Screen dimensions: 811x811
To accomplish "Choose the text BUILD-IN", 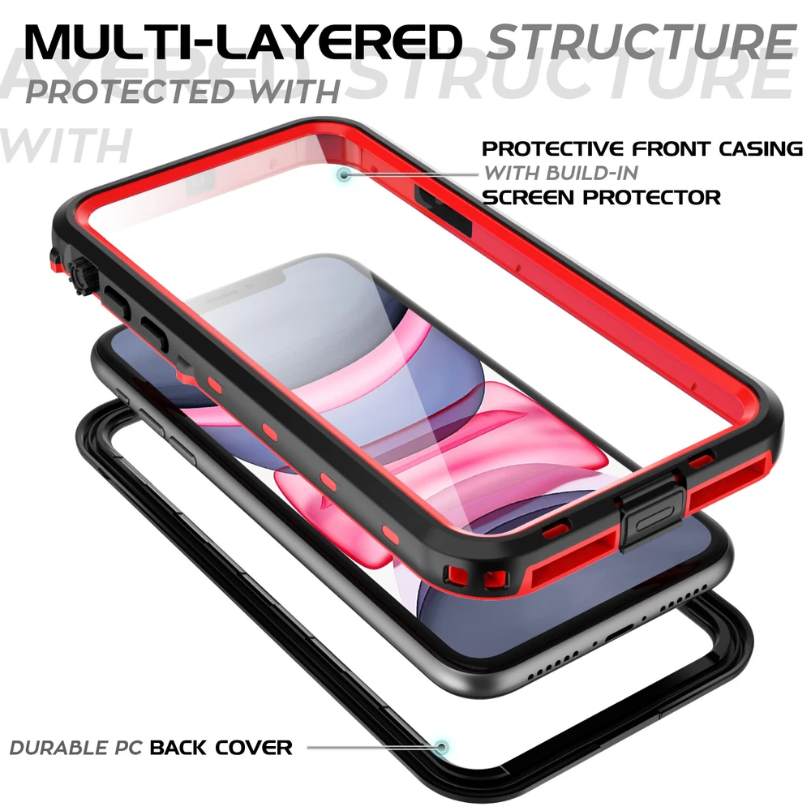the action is pyautogui.click(x=592, y=173).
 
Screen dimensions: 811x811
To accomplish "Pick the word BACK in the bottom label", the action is pyautogui.click(x=178, y=748).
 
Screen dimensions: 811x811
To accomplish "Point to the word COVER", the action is pyautogui.click(x=253, y=748).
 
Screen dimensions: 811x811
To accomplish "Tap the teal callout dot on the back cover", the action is pyautogui.click(x=441, y=747).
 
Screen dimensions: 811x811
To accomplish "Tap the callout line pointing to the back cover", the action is pyautogui.click(x=371, y=747).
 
